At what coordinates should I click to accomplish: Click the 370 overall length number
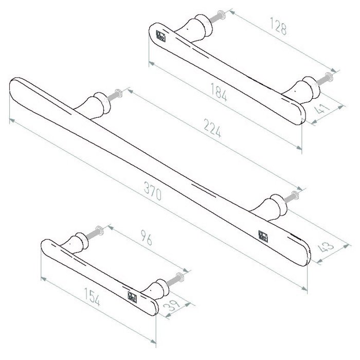click(x=153, y=194)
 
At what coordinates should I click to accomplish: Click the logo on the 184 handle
click(x=160, y=36)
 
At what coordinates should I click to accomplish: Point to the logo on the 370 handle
click(x=263, y=235)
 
